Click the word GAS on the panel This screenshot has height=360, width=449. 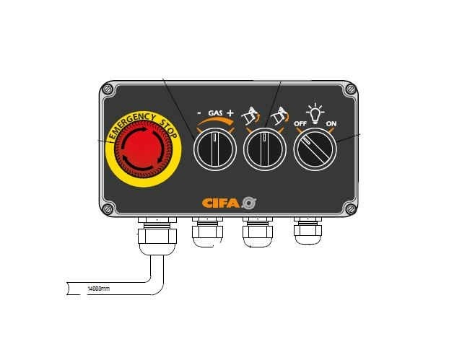(215, 113)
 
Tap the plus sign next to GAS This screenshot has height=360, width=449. (230, 113)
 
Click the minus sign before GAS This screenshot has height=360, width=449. (199, 113)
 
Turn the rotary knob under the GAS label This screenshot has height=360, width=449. (215, 149)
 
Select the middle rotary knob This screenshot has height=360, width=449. (265, 149)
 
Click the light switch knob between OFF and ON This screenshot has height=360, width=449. (315, 149)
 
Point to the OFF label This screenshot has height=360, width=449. (300, 123)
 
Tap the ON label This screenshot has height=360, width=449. (331, 123)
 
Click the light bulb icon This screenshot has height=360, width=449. (315, 113)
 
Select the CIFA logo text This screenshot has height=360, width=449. (221, 203)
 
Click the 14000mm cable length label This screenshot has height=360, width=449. (98, 289)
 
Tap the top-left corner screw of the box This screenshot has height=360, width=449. (108, 89)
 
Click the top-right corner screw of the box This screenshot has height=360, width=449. (351, 89)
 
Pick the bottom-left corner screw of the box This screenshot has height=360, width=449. (108, 208)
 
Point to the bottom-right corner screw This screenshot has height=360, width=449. (351, 208)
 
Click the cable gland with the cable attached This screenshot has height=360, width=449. (157, 235)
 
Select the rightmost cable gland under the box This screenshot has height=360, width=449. (308, 231)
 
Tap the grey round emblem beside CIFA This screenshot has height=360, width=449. (248, 203)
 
